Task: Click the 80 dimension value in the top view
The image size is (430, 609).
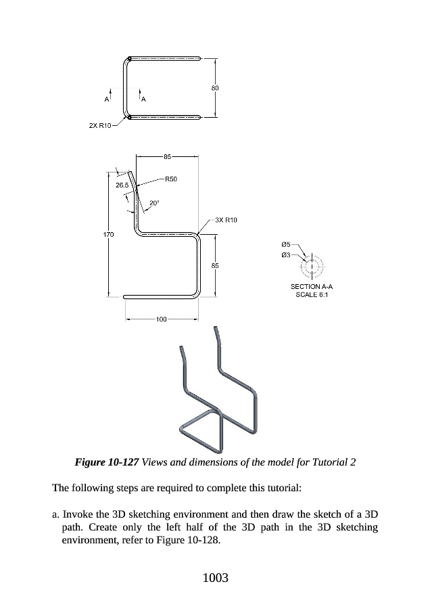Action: pyautogui.click(x=215, y=88)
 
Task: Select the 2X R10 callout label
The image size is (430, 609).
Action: pyautogui.click(x=100, y=126)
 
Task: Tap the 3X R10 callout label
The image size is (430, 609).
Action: pyautogui.click(x=226, y=220)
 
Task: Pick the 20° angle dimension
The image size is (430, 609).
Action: pyautogui.click(x=154, y=202)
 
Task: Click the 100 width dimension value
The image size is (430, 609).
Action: pyautogui.click(x=162, y=318)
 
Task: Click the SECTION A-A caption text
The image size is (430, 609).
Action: pyautogui.click(x=312, y=287)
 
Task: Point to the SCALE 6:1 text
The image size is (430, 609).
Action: pyautogui.click(x=312, y=296)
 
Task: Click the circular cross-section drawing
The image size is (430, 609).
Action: pyautogui.click(x=312, y=265)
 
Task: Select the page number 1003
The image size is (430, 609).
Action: pyautogui.click(x=215, y=578)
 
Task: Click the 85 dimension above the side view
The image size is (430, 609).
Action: pyautogui.click(x=167, y=156)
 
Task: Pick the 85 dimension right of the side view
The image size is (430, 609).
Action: pyautogui.click(x=215, y=265)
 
